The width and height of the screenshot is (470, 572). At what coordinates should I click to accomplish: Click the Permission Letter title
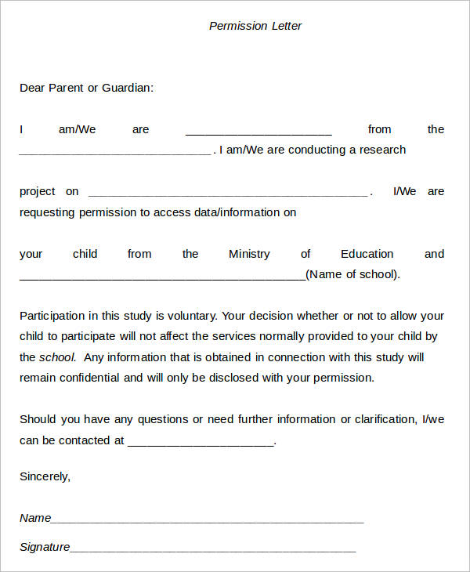pyautogui.click(x=255, y=26)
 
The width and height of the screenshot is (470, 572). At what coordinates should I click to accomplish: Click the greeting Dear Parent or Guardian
pyautogui.click(x=86, y=88)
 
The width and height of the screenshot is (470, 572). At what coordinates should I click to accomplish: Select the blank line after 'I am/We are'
pyautogui.click(x=258, y=132)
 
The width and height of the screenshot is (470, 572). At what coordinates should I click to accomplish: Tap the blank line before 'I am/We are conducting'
pyautogui.click(x=114, y=152)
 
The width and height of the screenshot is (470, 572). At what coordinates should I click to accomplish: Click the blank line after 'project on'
pyautogui.click(x=227, y=194)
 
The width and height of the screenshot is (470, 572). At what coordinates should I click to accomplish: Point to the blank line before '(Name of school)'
pyautogui.click(x=162, y=277)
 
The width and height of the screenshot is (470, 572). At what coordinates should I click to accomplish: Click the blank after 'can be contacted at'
pyautogui.click(x=201, y=443)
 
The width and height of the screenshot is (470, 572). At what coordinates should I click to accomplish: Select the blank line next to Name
pyautogui.click(x=208, y=520)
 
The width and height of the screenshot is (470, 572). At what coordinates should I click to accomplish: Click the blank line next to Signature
pyautogui.click(x=213, y=549)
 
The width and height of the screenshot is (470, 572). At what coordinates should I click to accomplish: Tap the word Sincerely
pyautogui.click(x=45, y=476)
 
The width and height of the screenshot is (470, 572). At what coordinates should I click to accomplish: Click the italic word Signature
pyautogui.click(x=45, y=547)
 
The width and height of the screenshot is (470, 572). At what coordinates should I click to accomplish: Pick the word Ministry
pyautogui.click(x=249, y=254)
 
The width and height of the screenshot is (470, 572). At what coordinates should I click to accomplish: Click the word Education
pyautogui.click(x=367, y=254)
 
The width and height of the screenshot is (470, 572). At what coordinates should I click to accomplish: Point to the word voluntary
pyautogui.click(x=190, y=316)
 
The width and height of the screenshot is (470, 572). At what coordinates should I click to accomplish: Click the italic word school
pyautogui.click(x=57, y=357)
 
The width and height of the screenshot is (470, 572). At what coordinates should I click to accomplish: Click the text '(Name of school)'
pyautogui.click(x=353, y=274)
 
